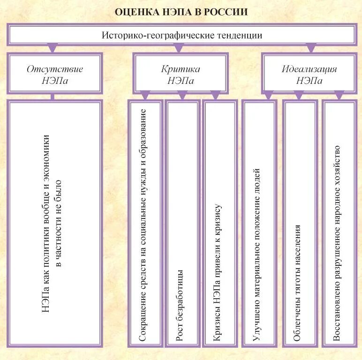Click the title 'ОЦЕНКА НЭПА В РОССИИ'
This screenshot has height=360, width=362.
coord(181,12)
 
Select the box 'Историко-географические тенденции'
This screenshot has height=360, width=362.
coord(181,35)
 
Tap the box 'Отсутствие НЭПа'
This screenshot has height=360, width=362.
coord(54,74)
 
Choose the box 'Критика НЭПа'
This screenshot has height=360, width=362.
coord(181,74)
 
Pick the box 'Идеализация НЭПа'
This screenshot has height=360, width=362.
coord(309,74)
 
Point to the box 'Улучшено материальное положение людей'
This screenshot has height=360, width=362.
coord(259,223)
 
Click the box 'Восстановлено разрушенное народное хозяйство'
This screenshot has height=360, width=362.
coord(339,223)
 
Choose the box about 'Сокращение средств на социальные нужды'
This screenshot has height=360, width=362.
coord(145,223)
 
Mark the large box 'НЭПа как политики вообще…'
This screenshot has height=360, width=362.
coord(54,223)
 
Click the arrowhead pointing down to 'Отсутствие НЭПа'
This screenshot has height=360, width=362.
coord(53,48)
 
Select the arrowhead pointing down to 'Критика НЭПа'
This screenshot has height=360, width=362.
coord(179,48)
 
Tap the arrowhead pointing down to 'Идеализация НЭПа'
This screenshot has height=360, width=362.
coord(310,48)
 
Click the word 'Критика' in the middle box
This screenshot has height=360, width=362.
coord(181,69)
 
